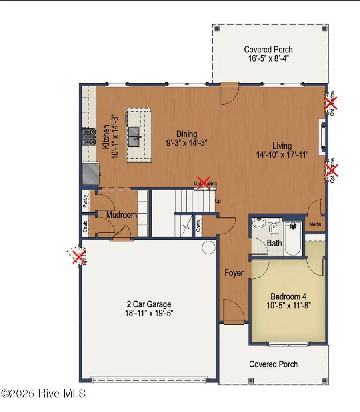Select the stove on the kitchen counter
pyautogui.click(x=88, y=137)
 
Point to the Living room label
pyautogui.click(x=282, y=146)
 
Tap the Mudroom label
pyautogui.click(x=122, y=215)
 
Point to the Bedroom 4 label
pyautogui.click(x=286, y=296)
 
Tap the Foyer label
pyautogui.click(x=234, y=273)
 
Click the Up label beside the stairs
pyautogui.click(x=218, y=201)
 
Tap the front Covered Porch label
pyautogui.click(x=273, y=364)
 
